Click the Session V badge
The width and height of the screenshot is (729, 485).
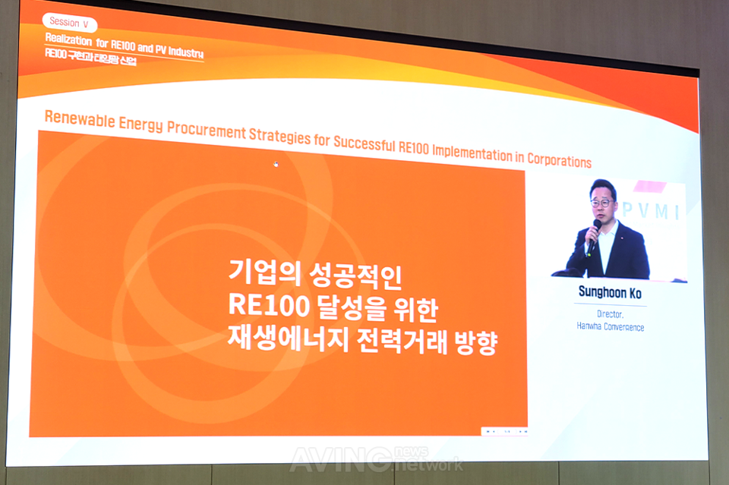point(69,23)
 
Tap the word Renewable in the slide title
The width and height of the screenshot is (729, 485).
point(79,118)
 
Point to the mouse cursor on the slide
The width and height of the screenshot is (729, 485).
point(276,164)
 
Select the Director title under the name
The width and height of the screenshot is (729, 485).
point(609,313)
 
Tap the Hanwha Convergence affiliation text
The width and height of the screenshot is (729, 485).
point(610,326)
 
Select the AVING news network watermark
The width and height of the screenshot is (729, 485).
point(376,458)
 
